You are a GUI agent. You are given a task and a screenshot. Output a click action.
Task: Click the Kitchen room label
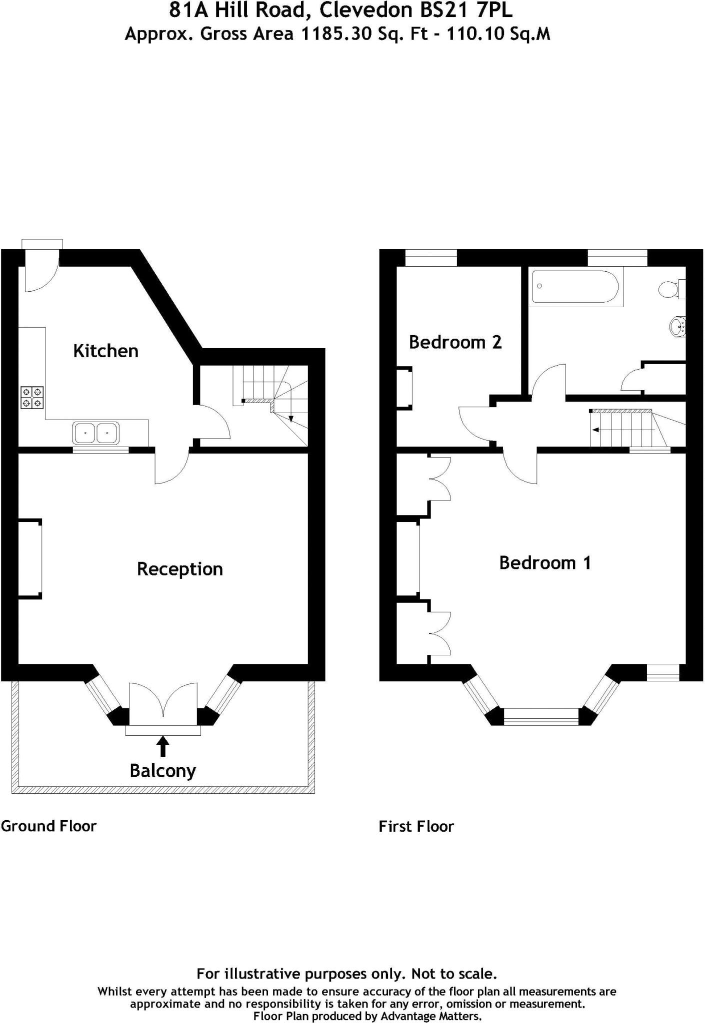point(105,351)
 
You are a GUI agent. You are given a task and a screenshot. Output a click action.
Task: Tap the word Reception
point(179,569)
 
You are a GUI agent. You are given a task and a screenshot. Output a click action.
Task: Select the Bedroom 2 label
point(455,342)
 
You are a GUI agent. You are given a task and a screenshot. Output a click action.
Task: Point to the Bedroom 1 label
point(545,563)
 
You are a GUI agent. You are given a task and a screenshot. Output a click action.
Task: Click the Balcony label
point(162,771)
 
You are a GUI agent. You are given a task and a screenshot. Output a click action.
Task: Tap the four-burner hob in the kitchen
point(32,398)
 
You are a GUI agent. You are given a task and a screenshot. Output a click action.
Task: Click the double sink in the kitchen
point(95,433)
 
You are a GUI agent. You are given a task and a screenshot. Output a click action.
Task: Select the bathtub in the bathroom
point(575,287)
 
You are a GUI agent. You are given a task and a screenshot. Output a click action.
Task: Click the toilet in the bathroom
point(670,289)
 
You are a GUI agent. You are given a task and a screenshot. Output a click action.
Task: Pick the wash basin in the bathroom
point(677,326)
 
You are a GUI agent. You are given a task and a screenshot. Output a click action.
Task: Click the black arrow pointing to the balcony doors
point(162,747)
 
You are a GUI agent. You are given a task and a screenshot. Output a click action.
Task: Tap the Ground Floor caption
point(48,826)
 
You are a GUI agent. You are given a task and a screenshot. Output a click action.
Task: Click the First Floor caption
point(416,827)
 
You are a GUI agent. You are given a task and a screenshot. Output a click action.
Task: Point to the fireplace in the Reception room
point(30,558)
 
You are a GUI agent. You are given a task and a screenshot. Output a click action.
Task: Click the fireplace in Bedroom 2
point(404,388)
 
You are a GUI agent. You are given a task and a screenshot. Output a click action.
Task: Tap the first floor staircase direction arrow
point(622,430)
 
